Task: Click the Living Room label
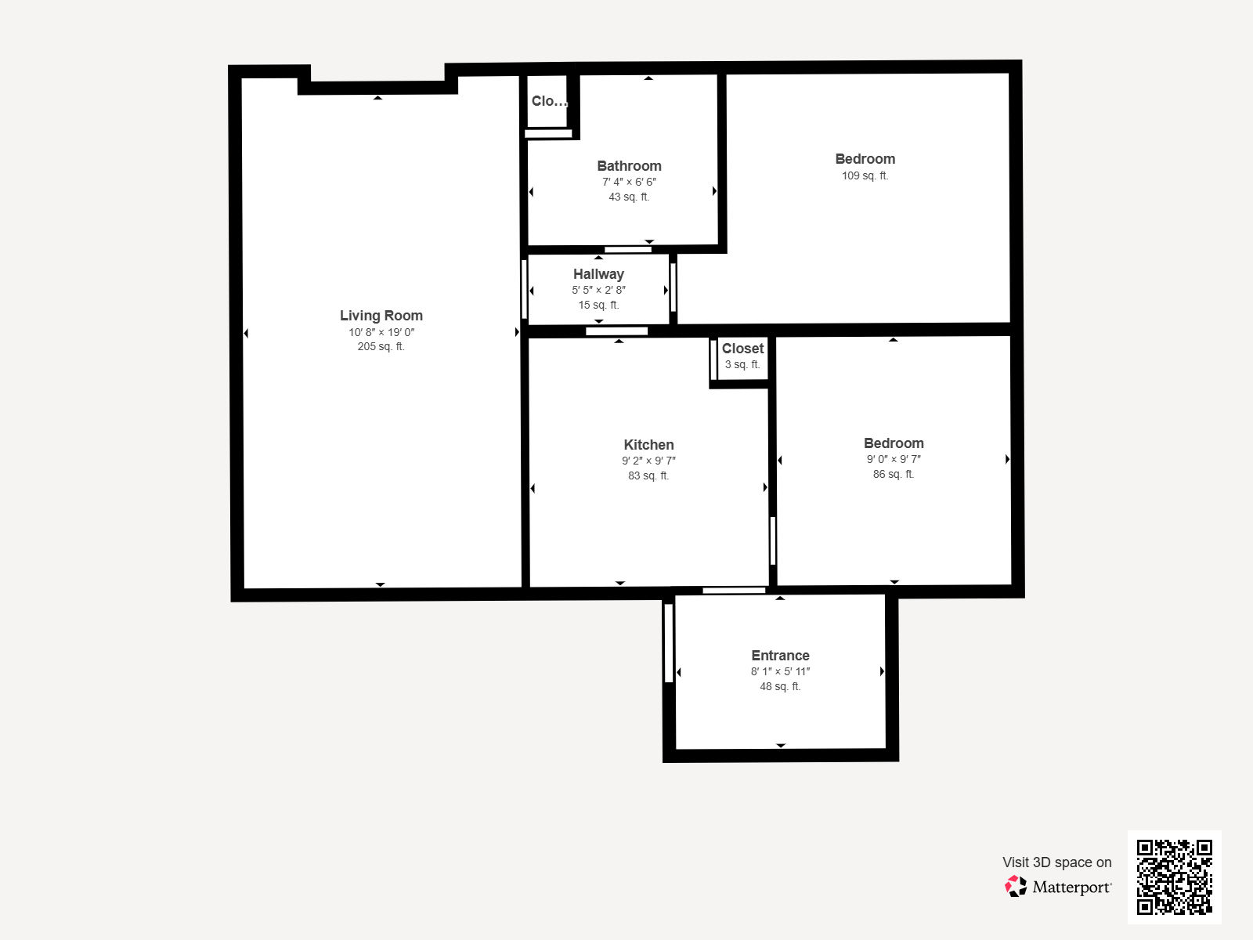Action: tap(381, 316)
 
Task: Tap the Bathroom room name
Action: tap(629, 166)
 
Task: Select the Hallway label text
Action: tap(598, 274)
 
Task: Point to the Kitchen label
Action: tap(648, 445)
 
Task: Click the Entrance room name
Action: tap(780, 656)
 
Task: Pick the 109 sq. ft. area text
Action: tap(865, 175)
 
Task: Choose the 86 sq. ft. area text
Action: tap(894, 474)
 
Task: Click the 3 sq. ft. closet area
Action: tap(742, 365)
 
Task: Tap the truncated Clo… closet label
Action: tap(549, 101)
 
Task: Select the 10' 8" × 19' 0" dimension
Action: tap(381, 332)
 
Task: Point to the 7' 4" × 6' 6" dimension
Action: tap(629, 182)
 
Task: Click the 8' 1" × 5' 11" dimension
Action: tap(780, 672)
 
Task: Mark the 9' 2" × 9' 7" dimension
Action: tap(648, 461)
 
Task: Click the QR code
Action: tap(1174, 877)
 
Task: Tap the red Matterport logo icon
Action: tap(1016, 887)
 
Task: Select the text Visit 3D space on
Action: tap(1056, 862)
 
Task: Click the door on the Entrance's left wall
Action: tap(669, 643)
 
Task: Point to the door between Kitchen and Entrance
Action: tap(734, 590)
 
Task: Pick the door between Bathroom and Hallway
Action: tap(628, 249)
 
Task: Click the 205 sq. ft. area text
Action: tap(381, 346)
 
